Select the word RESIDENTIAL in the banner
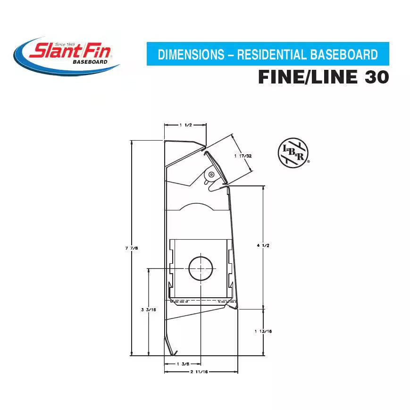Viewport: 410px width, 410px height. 271,55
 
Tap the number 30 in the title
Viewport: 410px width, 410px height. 376,77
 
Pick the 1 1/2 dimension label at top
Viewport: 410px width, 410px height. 185,125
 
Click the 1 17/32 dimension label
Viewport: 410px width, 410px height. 243,155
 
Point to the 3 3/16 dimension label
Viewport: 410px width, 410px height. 148,310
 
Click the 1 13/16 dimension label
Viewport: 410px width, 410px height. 263,331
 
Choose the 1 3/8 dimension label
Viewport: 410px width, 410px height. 183,364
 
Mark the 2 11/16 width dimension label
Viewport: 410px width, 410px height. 201,372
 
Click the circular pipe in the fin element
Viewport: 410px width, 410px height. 201,268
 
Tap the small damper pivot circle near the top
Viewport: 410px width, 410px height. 211,175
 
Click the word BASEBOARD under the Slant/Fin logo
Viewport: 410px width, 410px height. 90,62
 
